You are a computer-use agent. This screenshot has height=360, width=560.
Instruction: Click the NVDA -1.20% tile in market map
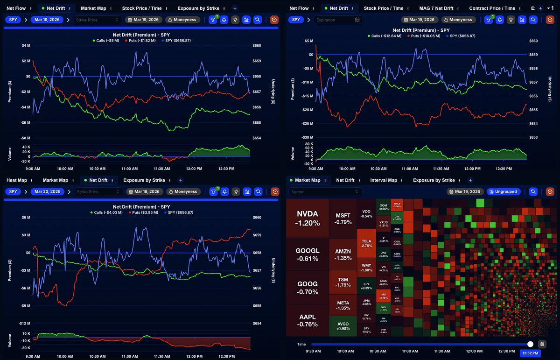[x=307, y=218]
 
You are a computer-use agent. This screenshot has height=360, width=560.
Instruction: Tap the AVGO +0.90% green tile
[x=343, y=325]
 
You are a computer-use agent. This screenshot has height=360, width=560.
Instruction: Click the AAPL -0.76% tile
[x=307, y=320]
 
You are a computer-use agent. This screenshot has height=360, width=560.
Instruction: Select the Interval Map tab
[x=383, y=180]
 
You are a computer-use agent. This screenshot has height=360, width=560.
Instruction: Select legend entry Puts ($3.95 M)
[x=144, y=212]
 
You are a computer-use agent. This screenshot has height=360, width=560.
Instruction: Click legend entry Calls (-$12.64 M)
[x=385, y=36]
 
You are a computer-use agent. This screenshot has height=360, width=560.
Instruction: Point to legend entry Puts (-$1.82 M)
[x=144, y=41]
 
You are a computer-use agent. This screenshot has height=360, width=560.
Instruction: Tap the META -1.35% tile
[x=343, y=305]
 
